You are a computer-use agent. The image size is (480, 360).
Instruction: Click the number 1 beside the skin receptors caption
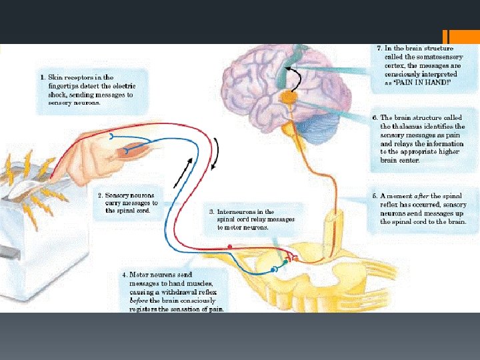coord(43,77)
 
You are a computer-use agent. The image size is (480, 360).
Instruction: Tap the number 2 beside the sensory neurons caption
coord(100,195)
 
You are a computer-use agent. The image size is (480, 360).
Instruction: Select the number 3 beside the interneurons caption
coord(211,212)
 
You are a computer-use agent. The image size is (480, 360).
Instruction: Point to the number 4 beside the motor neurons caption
coord(124,275)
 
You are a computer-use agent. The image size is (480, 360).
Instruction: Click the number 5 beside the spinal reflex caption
coord(375,197)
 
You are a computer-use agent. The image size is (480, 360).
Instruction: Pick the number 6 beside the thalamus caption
coord(375,118)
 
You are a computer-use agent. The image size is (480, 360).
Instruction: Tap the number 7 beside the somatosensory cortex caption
coord(379,48)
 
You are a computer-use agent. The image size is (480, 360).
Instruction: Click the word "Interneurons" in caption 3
coord(236,212)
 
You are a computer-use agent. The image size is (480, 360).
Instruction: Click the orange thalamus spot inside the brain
coord(288,98)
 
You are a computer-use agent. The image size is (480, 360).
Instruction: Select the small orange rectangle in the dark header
coord(445,37)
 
